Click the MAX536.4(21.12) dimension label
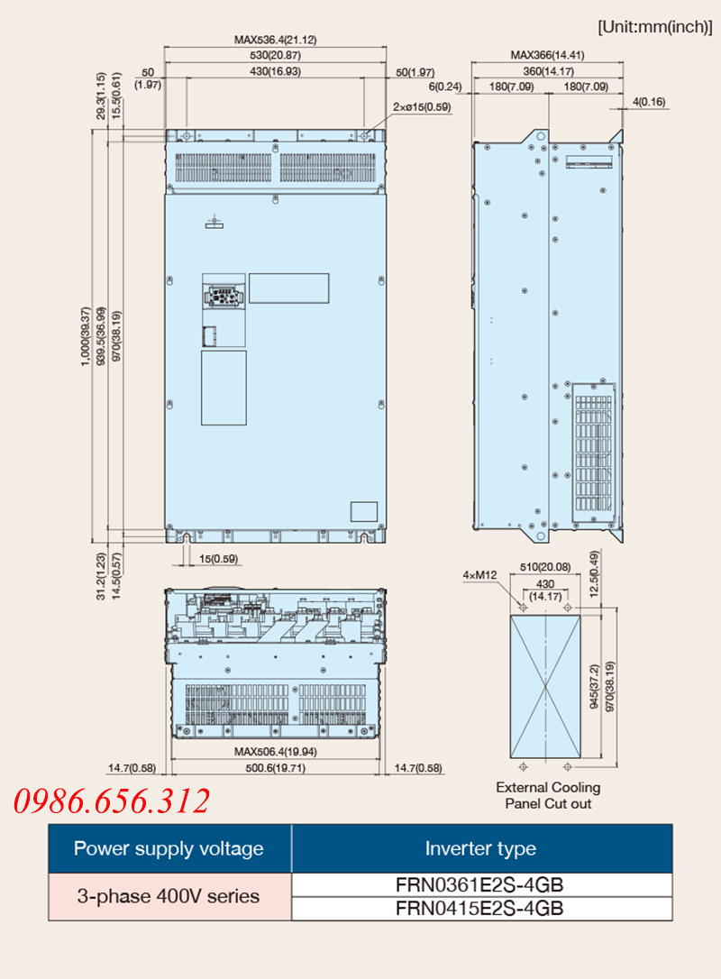[x=275, y=40]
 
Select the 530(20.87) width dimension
[x=275, y=55]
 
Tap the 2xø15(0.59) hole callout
[x=422, y=106]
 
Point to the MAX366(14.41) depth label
[x=547, y=55]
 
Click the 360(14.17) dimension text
[x=548, y=71]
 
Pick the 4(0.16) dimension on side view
[x=649, y=101]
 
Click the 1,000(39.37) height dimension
[x=86, y=336]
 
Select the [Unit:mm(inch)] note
[x=655, y=27]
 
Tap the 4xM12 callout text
[x=479, y=574]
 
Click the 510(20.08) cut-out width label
[x=545, y=567]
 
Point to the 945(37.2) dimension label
[x=594, y=687]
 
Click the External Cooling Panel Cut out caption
[x=548, y=795]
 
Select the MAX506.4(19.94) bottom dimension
[x=275, y=752]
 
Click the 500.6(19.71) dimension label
[x=275, y=768]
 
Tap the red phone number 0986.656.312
[x=112, y=801]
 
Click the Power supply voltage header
[x=169, y=848]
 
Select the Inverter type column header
[x=480, y=848]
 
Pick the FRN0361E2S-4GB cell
[x=479, y=884]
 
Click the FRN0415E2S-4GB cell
[x=479, y=908]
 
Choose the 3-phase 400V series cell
[x=169, y=896]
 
